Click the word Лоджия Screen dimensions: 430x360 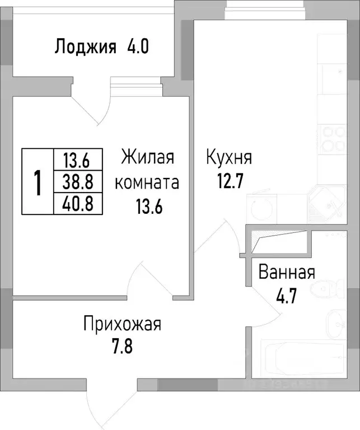[85, 46]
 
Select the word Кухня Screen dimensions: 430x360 [229, 157]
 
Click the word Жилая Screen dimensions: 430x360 [148, 157]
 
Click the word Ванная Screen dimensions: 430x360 [286, 273]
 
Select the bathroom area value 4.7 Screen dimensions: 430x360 [286, 296]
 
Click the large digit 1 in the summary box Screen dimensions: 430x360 [38, 182]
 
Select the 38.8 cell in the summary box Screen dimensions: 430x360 [77, 181]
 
